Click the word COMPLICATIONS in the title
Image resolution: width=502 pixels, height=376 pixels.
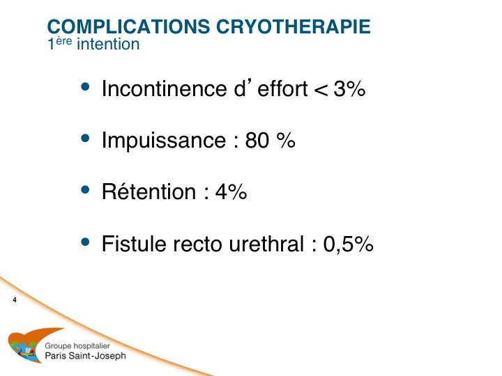[x=129, y=26]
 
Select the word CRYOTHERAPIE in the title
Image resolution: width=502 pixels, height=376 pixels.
[x=294, y=26]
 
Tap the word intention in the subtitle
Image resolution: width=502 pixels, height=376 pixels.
[x=108, y=44]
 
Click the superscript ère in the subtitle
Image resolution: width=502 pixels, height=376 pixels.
[x=64, y=41]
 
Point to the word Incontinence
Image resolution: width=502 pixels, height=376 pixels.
[x=165, y=88]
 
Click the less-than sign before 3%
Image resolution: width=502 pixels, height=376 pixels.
[x=321, y=90]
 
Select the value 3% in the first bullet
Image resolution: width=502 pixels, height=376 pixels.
[x=349, y=88]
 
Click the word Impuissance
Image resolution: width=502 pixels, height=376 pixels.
[x=164, y=141]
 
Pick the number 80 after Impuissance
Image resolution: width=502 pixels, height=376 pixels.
[x=257, y=140]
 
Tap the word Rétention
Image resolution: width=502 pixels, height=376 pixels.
[x=149, y=191]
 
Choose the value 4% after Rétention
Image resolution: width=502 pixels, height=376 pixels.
[x=231, y=191]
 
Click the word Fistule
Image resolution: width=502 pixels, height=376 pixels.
[x=134, y=243]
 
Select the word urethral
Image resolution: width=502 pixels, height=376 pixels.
[x=266, y=244]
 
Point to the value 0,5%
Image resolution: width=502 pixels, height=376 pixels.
[x=349, y=244]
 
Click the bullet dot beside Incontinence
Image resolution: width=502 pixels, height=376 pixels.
[x=85, y=86]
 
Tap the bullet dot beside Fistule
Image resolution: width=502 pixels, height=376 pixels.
[x=85, y=242]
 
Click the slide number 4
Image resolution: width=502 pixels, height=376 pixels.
[x=15, y=300]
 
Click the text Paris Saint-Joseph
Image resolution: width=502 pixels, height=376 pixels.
[x=86, y=356]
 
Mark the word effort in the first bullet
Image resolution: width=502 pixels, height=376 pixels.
[x=282, y=88]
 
